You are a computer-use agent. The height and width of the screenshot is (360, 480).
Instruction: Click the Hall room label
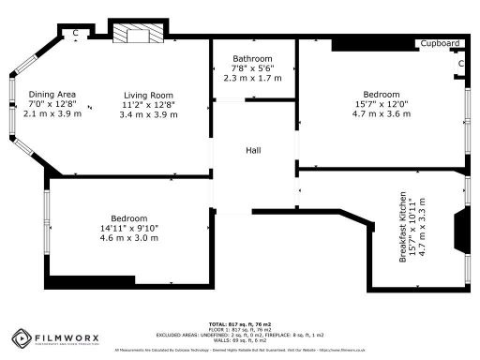(x=253, y=150)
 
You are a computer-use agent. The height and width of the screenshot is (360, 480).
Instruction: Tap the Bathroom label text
(x=253, y=58)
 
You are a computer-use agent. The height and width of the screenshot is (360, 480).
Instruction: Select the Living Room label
(x=150, y=95)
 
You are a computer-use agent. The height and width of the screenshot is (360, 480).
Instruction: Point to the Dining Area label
(x=52, y=94)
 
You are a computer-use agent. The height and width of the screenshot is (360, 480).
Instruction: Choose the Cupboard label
(x=440, y=43)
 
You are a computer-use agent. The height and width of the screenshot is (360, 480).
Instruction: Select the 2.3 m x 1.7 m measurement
(x=253, y=79)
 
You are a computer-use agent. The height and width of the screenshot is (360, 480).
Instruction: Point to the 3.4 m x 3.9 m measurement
(x=150, y=114)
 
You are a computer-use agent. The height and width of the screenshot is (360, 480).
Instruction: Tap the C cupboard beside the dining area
(x=75, y=33)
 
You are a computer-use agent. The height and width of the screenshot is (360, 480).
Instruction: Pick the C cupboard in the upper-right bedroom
(x=461, y=63)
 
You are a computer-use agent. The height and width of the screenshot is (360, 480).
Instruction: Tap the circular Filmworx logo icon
(x=22, y=337)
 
